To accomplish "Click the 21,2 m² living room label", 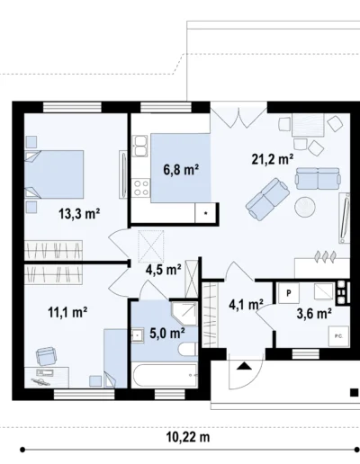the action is pos(273,159).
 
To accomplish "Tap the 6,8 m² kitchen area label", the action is pos(181,170).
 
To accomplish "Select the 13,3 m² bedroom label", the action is pos(79,214).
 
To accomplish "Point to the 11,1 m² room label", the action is pos(67,312).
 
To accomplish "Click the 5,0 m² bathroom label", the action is pos(167,333).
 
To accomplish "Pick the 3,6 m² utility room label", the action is pos(314,314).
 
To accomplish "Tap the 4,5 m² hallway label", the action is pos(164,270).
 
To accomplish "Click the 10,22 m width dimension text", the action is pos(188,437).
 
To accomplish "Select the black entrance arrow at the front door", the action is pos(244,366).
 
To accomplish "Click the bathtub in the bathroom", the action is pos(165,375).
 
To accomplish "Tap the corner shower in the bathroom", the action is pos(184,313).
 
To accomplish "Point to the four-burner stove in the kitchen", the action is pos(141,187).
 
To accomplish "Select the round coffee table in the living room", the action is pos(305,207).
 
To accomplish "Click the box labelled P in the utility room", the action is pos(289,293).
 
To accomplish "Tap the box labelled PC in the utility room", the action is pos(338,336).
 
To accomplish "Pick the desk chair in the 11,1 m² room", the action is pos(46,356).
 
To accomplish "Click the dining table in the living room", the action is pos(308,125).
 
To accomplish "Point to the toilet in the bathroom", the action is pos(187,350).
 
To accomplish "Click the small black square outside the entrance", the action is pos(355,392).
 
